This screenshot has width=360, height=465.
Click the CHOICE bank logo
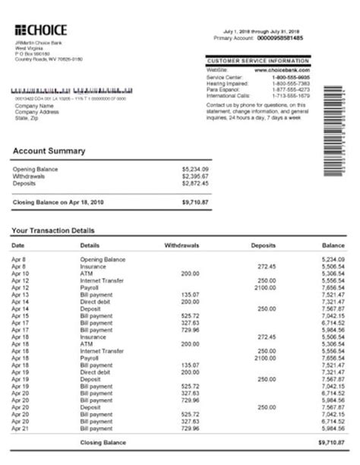[41, 30]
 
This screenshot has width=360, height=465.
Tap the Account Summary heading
[49, 151]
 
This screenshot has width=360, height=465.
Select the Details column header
[90, 246]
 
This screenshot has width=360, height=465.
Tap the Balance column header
[333, 246]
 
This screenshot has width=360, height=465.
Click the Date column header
[19, 246]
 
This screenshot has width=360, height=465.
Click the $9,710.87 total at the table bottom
[332, 442]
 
